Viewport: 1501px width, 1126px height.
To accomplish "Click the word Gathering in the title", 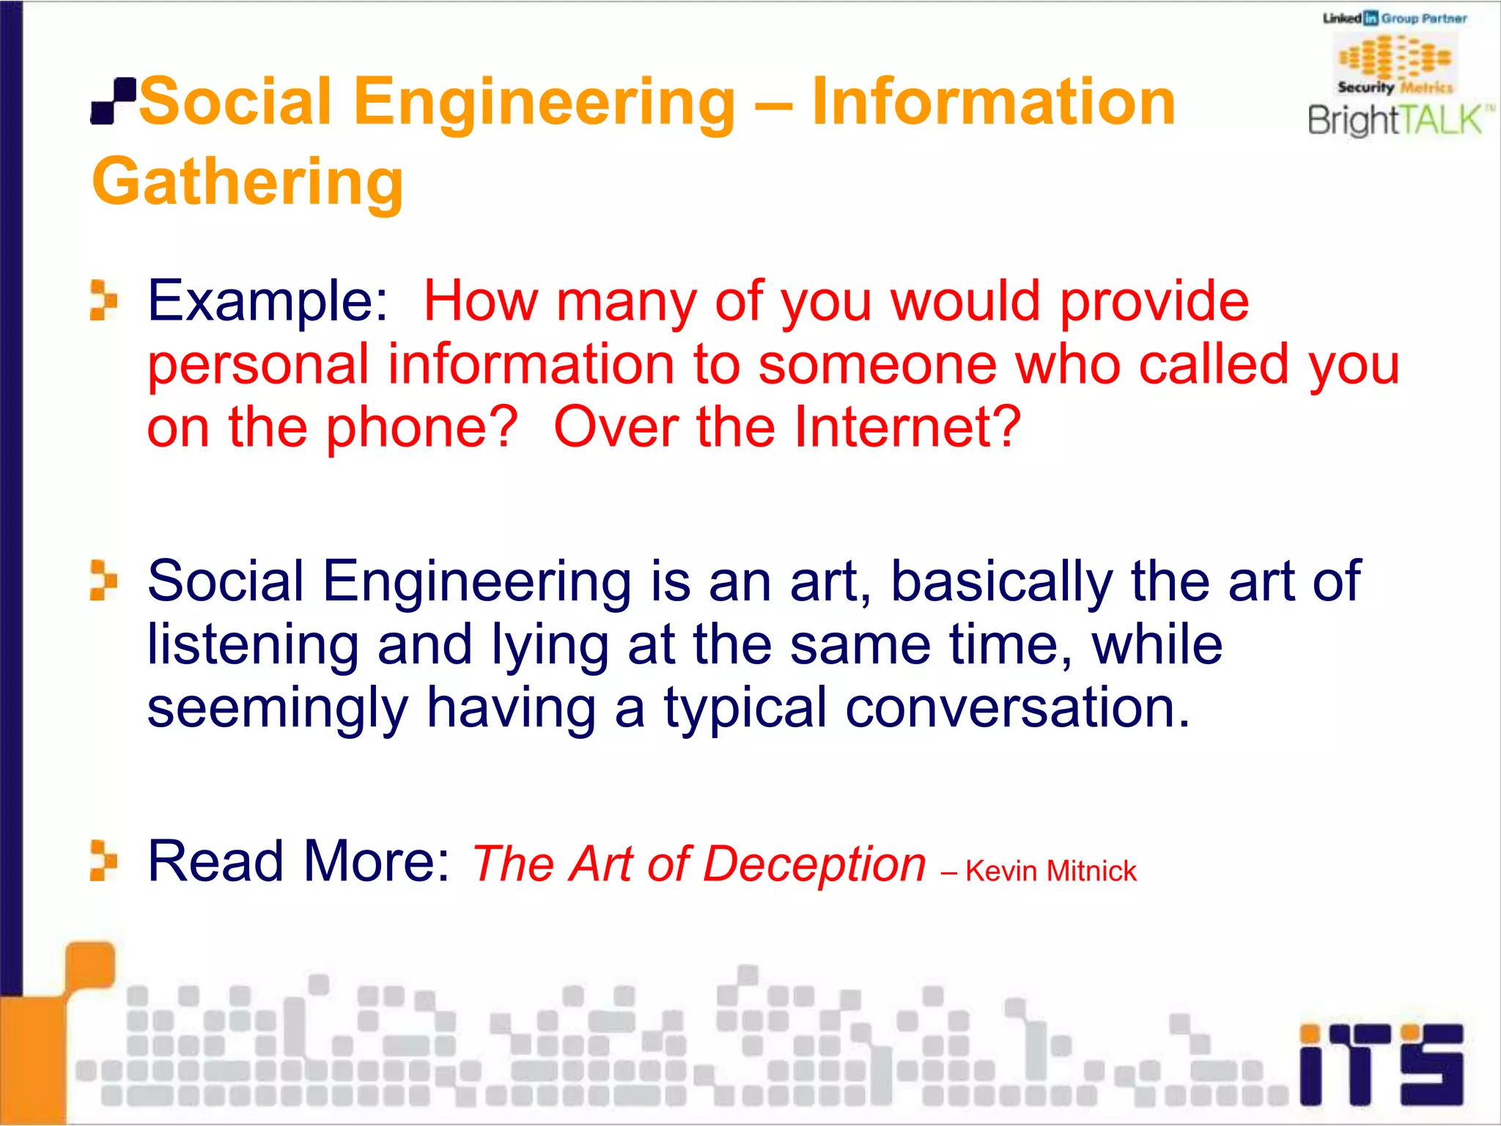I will [248, 182].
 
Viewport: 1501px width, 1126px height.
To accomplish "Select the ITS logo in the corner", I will [1381, 1064].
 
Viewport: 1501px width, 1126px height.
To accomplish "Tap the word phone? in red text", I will [421, 427].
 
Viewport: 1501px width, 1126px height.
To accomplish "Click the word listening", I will [253, 646].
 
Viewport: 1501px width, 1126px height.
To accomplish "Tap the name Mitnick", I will [1091, 871].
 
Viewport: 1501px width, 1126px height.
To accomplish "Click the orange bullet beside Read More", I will [103, 861].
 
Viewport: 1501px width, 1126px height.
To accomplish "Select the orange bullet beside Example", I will [103, 301].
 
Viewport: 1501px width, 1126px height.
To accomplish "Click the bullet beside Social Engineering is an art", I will [103, 581].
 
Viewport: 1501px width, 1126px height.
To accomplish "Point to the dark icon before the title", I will [114, 101].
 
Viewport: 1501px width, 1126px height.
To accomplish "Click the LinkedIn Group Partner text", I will [1394, 18].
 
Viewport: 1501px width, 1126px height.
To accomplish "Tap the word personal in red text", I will [258, 364].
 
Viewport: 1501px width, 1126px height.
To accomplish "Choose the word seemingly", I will [277, 708].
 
